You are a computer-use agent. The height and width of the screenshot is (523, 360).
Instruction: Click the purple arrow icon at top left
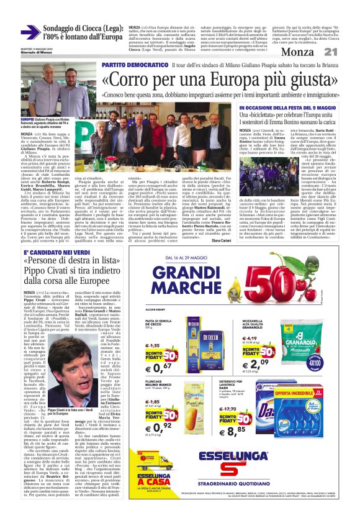[x=30, y=32]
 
